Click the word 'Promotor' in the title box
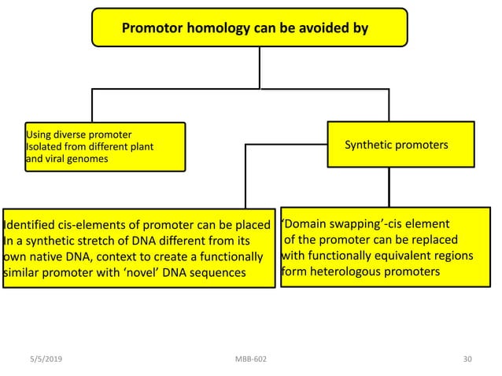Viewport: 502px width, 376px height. [153, 30]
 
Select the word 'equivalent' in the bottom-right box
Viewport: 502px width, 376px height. [387, 256]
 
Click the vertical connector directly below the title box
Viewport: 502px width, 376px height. [260, 68]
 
